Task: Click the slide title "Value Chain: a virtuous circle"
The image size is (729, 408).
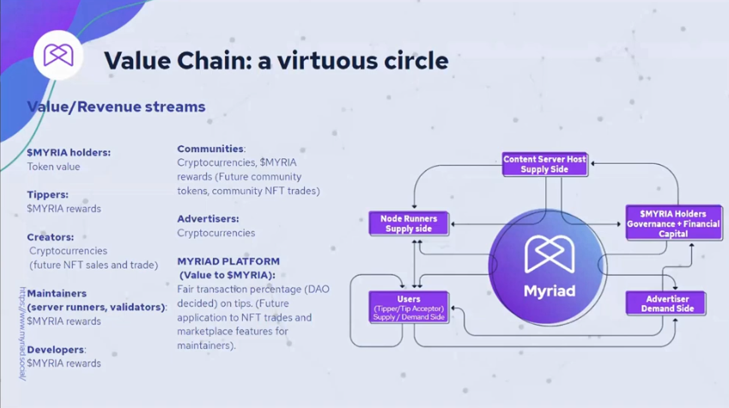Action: [x=276, y=61]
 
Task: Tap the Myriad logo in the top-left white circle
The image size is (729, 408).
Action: [x=58, y=55]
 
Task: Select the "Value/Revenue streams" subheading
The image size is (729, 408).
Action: [x=116, y=107]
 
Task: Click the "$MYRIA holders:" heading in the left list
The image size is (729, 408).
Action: [x=69, y=153]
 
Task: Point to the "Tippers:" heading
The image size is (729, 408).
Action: [x=47, y=195]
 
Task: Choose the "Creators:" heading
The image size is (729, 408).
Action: [x=50, y=237]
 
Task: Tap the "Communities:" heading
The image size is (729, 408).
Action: [x=211, y=148]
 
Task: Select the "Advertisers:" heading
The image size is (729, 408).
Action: [x=208, y=219]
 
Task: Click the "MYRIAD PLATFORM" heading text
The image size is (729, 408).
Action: [x=228, y=261]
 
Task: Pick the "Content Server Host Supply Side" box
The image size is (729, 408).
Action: [x=544, y=164]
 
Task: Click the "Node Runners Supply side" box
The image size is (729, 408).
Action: [x=409, y=223]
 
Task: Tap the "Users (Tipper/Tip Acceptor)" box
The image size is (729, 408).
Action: [x=409, y=307]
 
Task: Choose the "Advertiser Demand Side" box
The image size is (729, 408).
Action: [x=666, y=302]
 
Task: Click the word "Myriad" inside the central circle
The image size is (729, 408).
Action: [x=550, y=290]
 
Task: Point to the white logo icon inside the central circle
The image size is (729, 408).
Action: [x=550, y=252]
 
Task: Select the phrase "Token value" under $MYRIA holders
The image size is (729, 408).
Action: [x=52, y=167]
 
